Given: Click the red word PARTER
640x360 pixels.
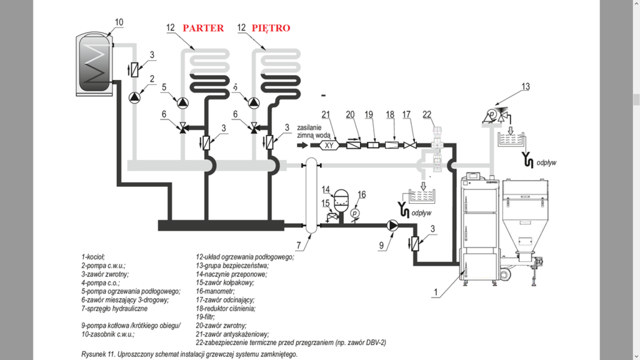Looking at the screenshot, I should tap(203, 28).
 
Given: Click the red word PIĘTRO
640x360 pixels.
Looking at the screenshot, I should tap(271, 28).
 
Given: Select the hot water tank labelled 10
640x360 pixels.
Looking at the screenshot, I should tap(94, 65).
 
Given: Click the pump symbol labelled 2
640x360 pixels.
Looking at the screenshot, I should tap(135, 97).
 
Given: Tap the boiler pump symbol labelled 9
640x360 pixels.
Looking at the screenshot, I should tap(393, 226).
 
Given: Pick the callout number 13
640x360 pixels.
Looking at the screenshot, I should tap(525, 86).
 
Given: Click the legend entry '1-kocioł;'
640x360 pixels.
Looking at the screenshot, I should tap(93, 256).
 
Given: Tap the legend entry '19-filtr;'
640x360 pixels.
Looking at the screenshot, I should tap(206, 317).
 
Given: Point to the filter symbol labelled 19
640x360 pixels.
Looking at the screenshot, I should tap(371, 145).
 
